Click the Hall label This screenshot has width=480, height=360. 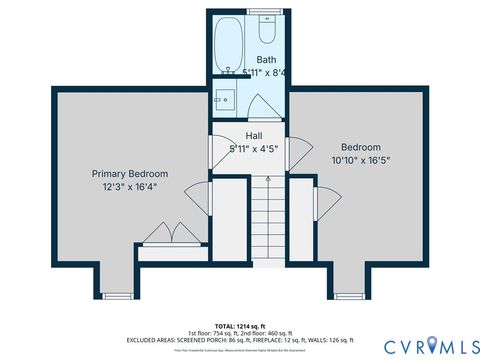(253, 135)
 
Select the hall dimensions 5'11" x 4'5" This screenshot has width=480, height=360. (253, 148)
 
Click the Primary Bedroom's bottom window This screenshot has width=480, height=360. (117, 295)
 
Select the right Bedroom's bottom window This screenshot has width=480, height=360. (350, 295)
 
